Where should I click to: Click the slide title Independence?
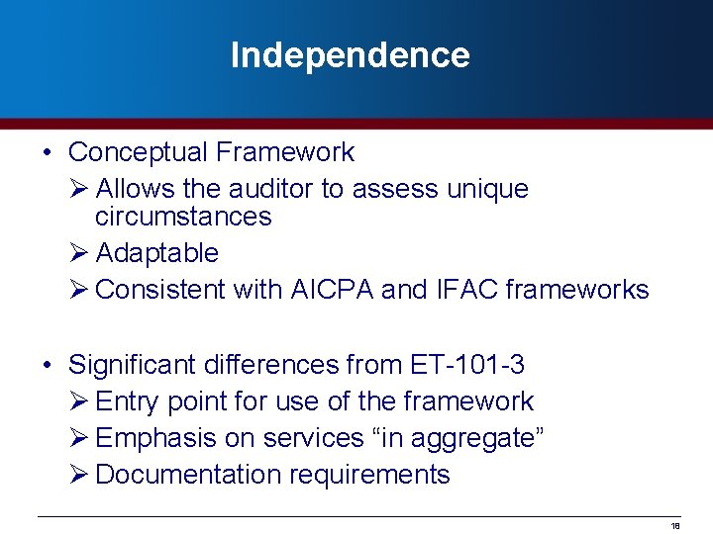click(x=350, y=55)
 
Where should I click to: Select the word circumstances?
click(x=183, y=217)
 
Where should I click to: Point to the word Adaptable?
click(x=157, y=253)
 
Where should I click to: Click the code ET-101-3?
click(x=466, y=365)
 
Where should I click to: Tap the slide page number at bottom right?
click(x=675, y=526)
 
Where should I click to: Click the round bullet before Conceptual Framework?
click(x=48, y=153)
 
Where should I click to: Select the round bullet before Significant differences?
click(x=48, y=366)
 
